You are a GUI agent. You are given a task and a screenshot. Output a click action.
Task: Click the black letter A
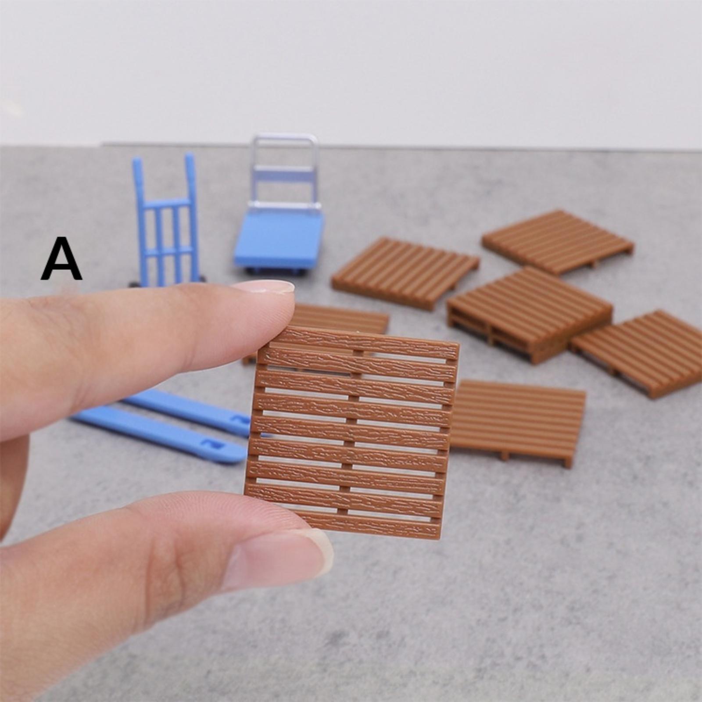[x=61, y=259]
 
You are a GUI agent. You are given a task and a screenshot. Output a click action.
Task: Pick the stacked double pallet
[x=530, y=313]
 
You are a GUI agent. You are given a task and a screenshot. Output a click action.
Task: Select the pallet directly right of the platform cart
[x=405, y=273]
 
